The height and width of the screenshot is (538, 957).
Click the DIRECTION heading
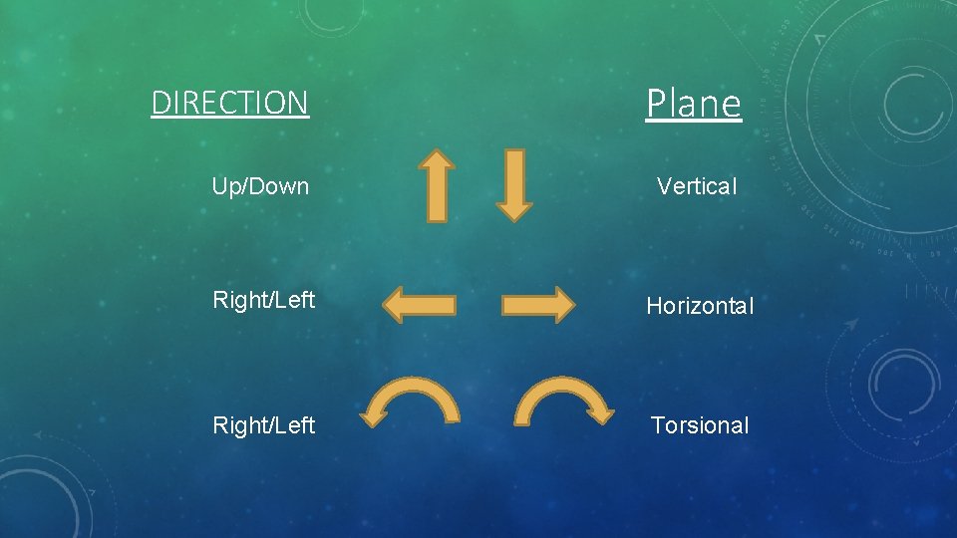pyautogui.click(x=229, y=103)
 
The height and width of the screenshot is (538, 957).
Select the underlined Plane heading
pyautogui.click(x=693, y=103)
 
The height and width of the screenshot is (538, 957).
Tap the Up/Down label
pyautogui.click(x=260, y=186)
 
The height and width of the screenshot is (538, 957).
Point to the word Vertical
pyautogui.click(x=697, y=186)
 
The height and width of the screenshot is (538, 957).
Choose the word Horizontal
pyautogui.click(x=700, y=306)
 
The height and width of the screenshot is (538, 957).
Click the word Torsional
pyautogui.click(x=699, y=425)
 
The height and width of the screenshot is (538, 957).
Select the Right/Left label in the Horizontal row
pyautogui.click(x=263, y=299)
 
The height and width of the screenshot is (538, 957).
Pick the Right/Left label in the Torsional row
pyautogui.click(x=263, y=425)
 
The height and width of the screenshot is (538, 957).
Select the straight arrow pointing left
pyautogui.click(x=420, y=305)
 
